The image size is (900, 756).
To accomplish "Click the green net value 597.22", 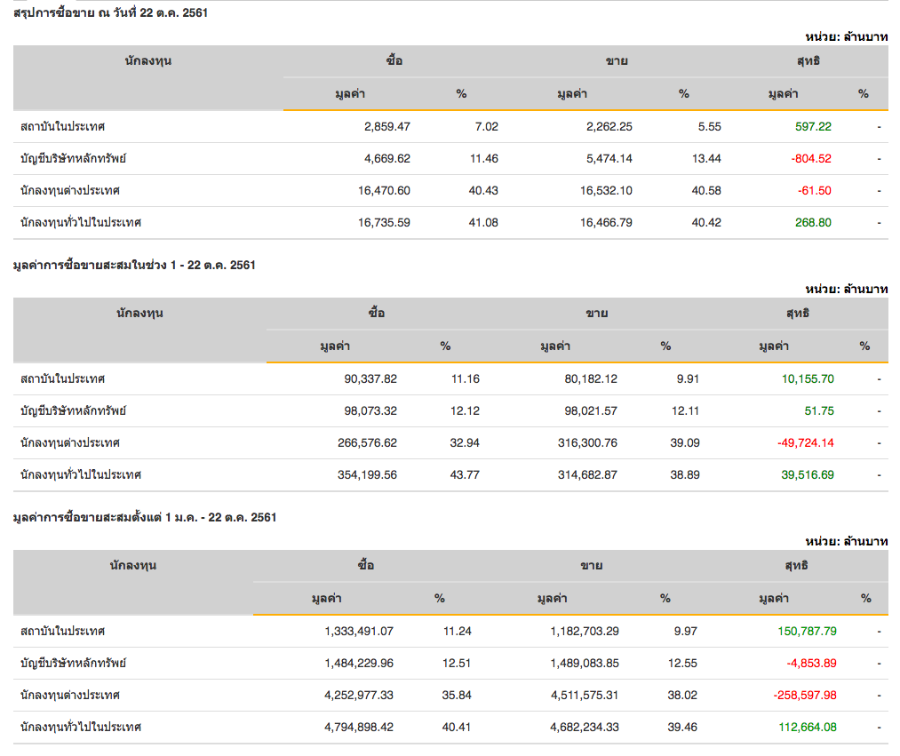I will point(813,126).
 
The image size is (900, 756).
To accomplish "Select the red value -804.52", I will point(811,158).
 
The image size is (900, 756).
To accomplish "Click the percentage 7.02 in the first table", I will point(486,126).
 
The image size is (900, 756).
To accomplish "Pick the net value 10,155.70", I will point(808,378).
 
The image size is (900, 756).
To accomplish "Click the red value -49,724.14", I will point(806,442).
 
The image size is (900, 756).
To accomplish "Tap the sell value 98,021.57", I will point(585,410).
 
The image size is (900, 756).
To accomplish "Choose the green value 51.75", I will point(820,410).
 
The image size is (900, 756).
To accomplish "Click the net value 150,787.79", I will point(806,631).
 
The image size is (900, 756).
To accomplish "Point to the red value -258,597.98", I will point(804,695).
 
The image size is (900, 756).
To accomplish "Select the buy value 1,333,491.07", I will point(359,631).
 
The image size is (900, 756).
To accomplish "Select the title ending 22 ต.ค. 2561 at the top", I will point(111,12).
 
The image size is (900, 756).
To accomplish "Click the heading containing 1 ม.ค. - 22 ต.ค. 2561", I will point(145,517).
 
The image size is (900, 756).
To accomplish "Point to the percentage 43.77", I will point(465,474).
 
